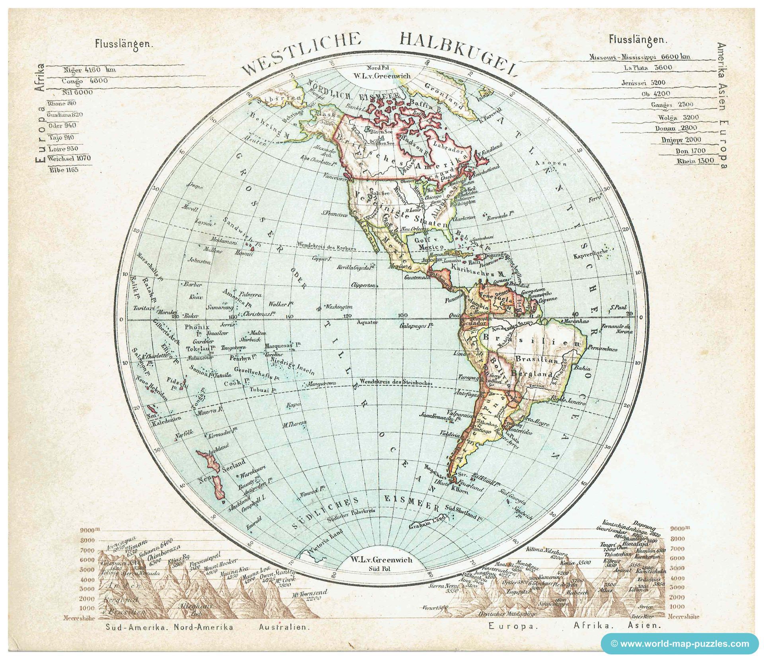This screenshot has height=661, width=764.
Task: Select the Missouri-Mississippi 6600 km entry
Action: point(639,57)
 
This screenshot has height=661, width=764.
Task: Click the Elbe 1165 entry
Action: point(64,170)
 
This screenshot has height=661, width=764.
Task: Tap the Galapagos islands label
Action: point(416,326)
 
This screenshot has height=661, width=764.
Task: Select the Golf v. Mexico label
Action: point(426,244)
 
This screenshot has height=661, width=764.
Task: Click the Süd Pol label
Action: point(381,568)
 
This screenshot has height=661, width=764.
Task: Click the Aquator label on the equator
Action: point(367,322)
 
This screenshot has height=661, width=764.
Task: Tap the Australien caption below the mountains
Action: point(284,627)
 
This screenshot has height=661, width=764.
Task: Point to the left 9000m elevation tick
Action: point(88,530)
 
